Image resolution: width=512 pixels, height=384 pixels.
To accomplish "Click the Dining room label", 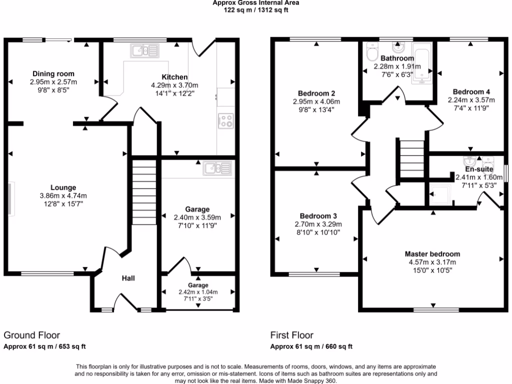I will tap(53, 74).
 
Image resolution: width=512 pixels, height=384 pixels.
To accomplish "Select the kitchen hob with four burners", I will tap(225, 120).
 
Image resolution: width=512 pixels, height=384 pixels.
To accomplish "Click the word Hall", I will tap(129, 278).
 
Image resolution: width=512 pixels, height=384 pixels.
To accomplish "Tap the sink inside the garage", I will tap(217, 168).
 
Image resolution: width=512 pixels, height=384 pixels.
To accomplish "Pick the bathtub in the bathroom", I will tap(423, 63).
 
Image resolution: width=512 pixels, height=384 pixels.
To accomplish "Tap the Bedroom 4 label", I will tap(471, 92).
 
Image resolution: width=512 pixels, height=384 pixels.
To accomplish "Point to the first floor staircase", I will tap(411, 158).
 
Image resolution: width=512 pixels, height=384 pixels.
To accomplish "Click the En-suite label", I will tap(471, 169).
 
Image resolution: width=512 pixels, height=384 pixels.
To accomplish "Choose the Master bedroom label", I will tap(432, 254).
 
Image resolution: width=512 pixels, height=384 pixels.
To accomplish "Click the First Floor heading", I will tap(292, 335).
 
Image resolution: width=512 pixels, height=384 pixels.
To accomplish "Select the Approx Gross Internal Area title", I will tap(256, 2).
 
